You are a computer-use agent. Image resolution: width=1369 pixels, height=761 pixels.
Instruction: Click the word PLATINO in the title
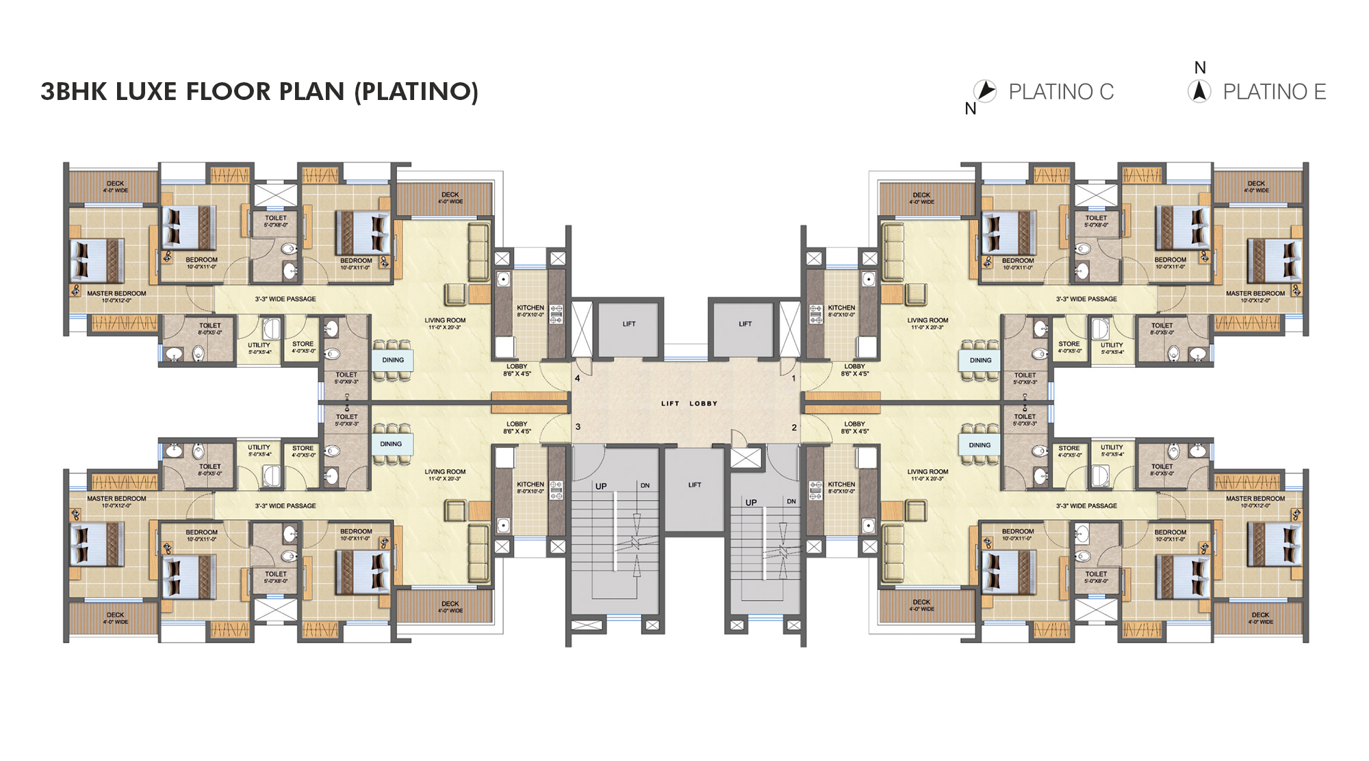pos(416,91)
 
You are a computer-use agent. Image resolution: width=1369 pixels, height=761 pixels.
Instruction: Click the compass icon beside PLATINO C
pos(985,90)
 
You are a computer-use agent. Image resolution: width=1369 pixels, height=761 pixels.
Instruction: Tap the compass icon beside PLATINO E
pos(1199,91)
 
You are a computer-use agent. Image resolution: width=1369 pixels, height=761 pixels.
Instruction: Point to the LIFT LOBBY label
pos(689,403)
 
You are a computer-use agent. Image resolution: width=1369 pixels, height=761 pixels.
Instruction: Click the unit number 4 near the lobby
pos(578,378)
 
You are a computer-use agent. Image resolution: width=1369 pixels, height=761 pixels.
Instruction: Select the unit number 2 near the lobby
pos(794,427)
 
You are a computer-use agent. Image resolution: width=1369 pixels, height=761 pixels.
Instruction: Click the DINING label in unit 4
pos(393,360)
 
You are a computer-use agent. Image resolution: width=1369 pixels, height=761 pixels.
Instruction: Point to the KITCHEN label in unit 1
pos(841,308)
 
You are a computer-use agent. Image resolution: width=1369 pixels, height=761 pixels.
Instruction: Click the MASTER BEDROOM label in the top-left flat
pos(116,293)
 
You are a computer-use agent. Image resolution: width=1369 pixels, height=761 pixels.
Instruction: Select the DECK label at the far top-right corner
pos(1256,184)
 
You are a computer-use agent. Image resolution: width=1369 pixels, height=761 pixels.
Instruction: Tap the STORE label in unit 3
pos(303,448)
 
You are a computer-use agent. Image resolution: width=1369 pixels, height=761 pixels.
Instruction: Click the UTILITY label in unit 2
pos(1112,447)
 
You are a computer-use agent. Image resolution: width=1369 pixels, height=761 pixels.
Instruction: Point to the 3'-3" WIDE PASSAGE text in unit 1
pos(1086,299)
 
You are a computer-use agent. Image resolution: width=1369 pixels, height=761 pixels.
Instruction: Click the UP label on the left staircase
pos(601,486)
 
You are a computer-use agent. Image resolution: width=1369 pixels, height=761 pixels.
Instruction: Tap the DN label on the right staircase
pos(791,501)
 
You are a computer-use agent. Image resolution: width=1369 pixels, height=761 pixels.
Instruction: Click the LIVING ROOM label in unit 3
pos(445,471)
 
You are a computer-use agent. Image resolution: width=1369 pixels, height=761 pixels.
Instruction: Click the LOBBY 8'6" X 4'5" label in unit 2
pos(854,427)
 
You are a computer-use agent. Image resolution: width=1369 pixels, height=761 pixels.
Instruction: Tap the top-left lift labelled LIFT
pos(628,324)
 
